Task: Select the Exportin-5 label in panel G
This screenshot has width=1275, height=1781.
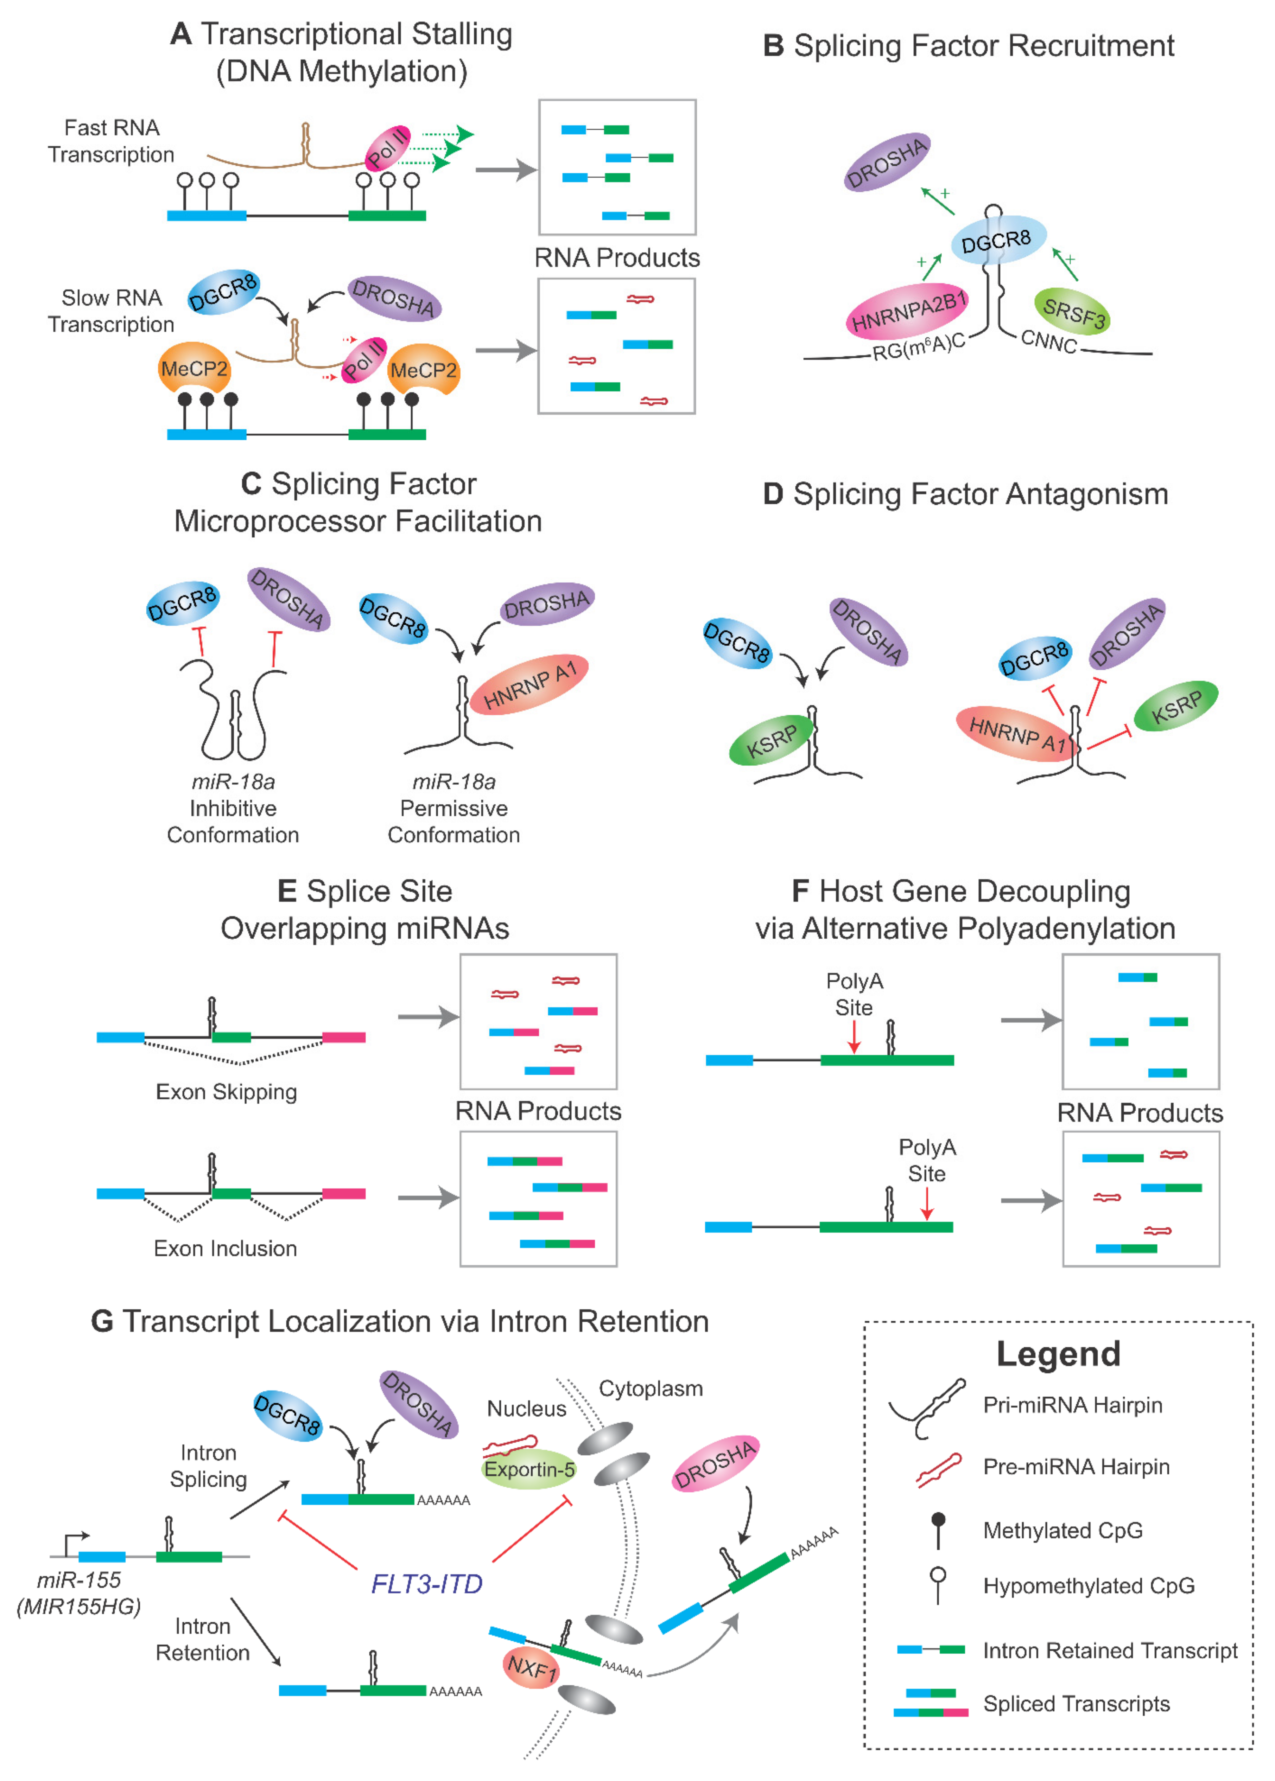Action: [529, 1469]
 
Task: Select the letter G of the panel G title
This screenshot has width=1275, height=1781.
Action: [102, 1322]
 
